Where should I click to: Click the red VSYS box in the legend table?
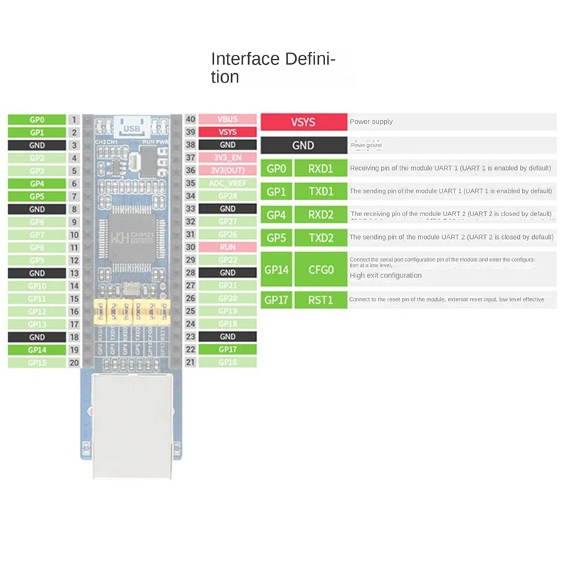pos(303,122)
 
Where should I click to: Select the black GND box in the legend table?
pos(303,146)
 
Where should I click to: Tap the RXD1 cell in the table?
pos(321,169)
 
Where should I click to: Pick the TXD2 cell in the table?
pos(321,238)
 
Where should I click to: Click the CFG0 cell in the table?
pos(321,270)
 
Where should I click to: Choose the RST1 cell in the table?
pos(321,300)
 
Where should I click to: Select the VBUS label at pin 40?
pos(228,119)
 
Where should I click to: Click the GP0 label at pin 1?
pos(37,119)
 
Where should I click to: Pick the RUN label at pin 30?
pos(228,247)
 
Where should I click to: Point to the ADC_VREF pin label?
pos(228,184)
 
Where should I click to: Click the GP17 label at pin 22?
pos(228,349)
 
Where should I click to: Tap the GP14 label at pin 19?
pos(37,350)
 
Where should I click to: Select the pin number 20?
pos(75,362)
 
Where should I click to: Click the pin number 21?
pos(190,362)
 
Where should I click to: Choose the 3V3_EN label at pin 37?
pos(228,158)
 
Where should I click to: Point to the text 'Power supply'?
pos(371,122)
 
